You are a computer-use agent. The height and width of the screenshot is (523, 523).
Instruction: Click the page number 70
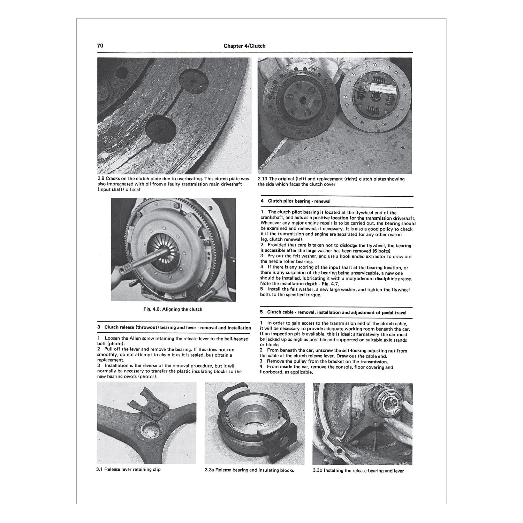[100, 46]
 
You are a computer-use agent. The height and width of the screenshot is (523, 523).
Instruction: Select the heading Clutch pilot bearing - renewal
[299, 201]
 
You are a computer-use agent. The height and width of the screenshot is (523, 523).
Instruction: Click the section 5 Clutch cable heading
[336, 312]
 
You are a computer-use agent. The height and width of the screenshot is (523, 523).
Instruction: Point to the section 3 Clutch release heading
[177, 328]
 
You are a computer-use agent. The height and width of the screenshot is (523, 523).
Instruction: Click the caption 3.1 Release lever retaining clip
[129, 469]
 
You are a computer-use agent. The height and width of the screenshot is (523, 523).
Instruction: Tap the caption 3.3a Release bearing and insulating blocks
[249, 470]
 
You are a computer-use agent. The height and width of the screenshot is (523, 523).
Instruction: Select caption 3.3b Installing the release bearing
[358, 471]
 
